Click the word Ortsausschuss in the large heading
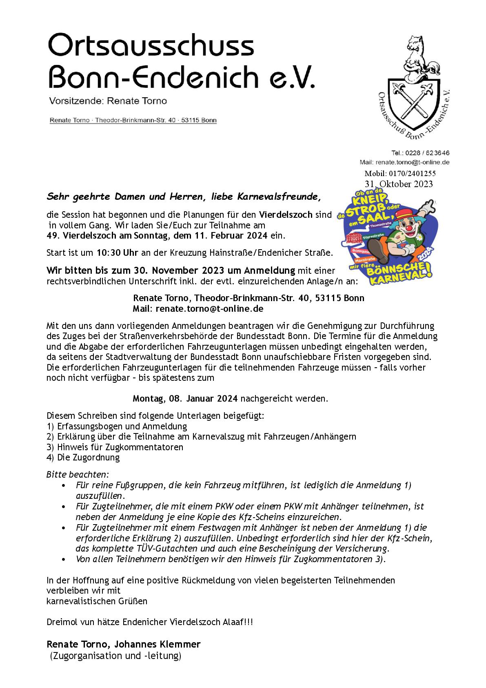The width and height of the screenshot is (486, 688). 151,46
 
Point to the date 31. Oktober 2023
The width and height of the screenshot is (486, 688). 399,184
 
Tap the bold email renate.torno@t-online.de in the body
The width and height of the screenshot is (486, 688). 209,308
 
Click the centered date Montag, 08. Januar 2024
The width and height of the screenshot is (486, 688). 186,398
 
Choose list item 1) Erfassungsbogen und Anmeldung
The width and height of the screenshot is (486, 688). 117,426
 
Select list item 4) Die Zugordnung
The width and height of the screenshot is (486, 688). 83,457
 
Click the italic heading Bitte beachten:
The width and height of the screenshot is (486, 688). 78,475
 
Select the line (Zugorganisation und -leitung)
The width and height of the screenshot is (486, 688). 115,656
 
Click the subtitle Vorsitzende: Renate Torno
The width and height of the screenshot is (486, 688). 108,101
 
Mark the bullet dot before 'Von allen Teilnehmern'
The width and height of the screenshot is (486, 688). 63,559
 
